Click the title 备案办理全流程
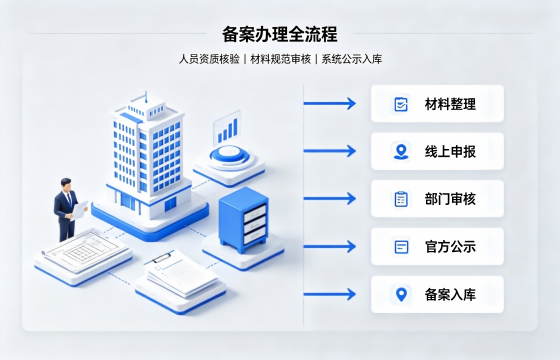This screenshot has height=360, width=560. [280, 34]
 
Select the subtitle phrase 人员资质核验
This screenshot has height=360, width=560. [209, 59]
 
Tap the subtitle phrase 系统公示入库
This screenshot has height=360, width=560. [352, 59]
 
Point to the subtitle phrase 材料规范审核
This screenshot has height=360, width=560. [281, 59]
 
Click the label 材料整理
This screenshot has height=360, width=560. [450, 104]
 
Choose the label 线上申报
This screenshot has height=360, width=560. [450, 152]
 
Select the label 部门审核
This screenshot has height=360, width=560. [450, 199]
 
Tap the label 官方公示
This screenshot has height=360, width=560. [450, 247]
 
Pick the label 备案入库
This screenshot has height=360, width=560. [450, 295]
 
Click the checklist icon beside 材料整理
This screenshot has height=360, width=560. [401, 104]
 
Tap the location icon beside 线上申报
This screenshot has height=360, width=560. [401, 151]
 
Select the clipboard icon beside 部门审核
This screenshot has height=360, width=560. [401, 199]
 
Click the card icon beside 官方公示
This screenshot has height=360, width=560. [401, 247]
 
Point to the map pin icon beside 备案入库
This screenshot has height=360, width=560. [401, 295]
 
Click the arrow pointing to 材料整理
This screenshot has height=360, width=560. [330, 104]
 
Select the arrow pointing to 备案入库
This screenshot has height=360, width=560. [330, 294]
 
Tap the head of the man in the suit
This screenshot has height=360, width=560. [66, 184]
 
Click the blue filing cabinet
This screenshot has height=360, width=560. [244, 220]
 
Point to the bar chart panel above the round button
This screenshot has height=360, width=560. [226, 128]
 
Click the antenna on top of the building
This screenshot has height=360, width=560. [146, 96]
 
